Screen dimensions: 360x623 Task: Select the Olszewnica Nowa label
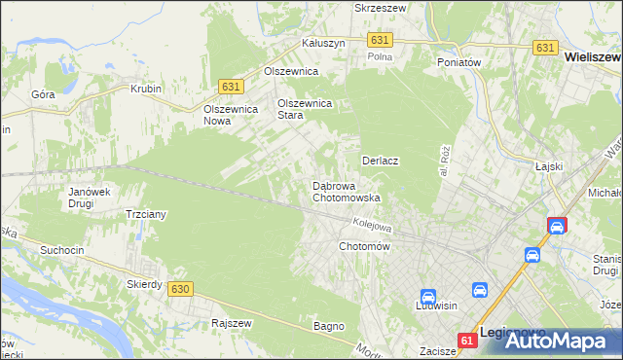click(230, 115)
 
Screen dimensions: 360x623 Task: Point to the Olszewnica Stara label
click(306, 109)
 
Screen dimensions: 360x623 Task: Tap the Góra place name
click(42, 95)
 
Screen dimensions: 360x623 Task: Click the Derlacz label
click(382, 161)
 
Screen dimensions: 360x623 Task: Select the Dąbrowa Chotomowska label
click(346, 192)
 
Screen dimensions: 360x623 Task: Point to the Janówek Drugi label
click(87, 198)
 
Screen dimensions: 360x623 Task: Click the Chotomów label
click(364, 247)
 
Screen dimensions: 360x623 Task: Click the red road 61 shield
click(468, 340)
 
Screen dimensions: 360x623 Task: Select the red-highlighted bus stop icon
click(557, 227)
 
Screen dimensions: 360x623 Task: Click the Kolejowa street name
click(371, 224)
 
